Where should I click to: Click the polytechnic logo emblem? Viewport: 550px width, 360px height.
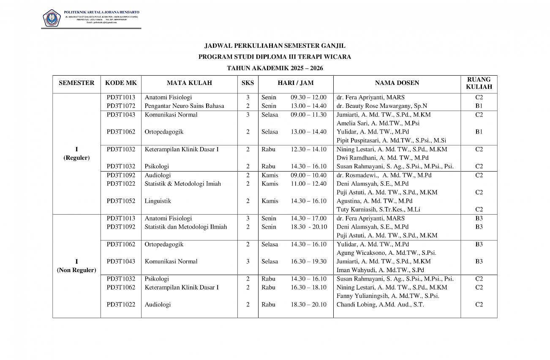pos(52,18)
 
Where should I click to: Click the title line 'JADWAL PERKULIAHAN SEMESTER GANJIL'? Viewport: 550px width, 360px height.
pos(275,46)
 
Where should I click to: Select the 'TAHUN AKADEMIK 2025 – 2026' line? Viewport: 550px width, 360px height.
pos(275,68)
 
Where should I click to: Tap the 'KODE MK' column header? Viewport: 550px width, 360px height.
pos(121,83)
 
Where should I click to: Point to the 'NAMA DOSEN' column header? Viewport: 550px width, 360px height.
pos(397,83)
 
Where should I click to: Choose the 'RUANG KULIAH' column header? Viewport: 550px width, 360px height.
pos(479,83)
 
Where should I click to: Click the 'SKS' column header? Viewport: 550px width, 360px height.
pos(248,83)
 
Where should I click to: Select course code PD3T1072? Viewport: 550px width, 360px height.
pos(121,106)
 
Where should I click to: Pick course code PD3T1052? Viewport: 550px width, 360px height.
pos(121,201)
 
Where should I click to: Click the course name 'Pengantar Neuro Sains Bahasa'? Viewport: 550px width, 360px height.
pos(184,106)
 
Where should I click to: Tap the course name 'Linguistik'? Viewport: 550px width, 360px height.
pos(158,201)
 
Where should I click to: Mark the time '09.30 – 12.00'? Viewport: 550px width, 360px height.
pos(308,97)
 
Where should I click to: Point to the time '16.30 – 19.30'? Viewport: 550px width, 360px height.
pos(308,262)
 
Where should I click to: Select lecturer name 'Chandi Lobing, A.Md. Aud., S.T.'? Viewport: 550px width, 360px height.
pos(380,305)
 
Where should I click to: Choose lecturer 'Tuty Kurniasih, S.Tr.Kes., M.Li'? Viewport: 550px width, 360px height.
pos(378,210)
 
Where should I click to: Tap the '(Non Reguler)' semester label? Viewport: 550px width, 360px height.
pos(76,270)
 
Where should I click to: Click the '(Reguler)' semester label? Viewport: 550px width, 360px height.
pos(76,158)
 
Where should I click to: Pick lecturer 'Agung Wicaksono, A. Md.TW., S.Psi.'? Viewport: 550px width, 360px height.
pos(386,253)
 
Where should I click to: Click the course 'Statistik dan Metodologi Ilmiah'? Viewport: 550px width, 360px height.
pos(185,227)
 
